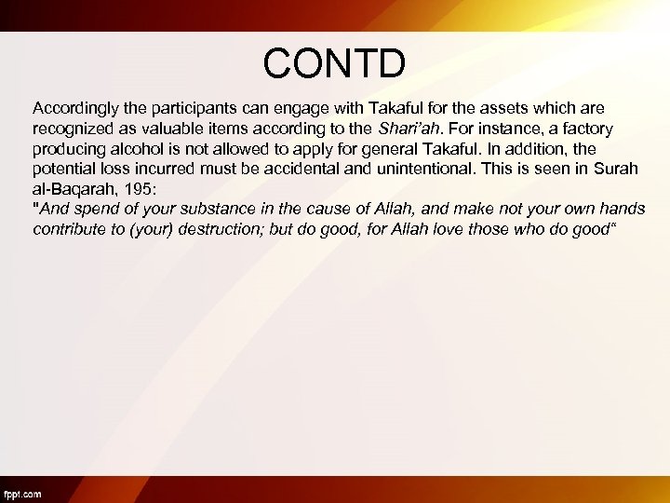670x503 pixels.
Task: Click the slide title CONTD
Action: (x=334, y=63)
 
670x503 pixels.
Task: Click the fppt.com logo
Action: (x=22, y=495)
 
